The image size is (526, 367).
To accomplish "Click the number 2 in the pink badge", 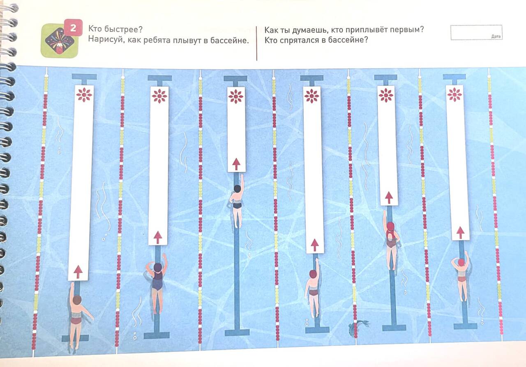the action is [73, 28].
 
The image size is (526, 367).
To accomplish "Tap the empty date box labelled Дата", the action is [476, 32].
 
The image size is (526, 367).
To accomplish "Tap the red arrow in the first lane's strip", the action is [78, 272].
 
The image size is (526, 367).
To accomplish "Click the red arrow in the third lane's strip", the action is [236, 164].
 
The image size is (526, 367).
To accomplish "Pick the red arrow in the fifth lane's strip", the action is [389, 197].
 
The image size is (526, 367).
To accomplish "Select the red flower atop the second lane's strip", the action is [159, 96].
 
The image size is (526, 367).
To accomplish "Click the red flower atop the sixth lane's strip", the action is [454, 95].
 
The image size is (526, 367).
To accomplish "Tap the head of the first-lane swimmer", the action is [77, 300].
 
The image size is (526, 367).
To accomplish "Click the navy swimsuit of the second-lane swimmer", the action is [157, 281].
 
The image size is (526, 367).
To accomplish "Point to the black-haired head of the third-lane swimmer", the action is [238, 189].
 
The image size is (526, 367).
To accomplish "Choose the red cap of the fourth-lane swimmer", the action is [313, 274].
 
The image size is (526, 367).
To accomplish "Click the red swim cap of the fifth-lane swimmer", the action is [390, 227].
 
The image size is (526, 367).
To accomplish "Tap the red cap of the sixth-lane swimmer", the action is [461, 262].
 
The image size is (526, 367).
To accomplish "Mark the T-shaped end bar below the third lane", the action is [237, 332].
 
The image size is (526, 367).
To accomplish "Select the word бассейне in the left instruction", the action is [229, 41].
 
